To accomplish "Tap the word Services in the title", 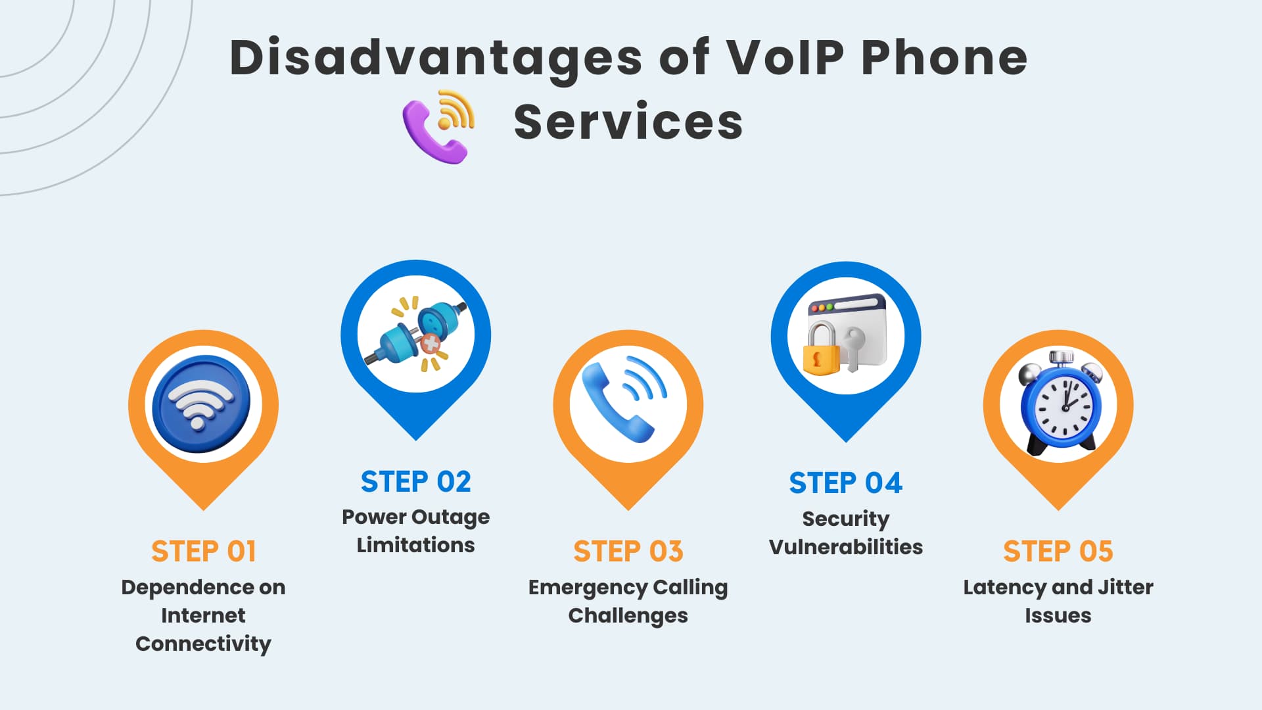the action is [x=628, y=122].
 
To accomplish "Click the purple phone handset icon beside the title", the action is [x=434, y=132].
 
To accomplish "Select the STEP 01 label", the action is [x=204, y=551].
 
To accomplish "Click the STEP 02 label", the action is [x=416, y=482].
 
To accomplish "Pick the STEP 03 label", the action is [x=628, y=551].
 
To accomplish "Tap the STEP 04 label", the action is [x=846, y=483].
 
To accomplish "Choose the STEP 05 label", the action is [x=1058, y=551].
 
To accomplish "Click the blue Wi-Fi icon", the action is [x=201, y=404].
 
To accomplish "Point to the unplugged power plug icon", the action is [x=416, y=333].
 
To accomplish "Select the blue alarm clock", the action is [x=1060, y=403].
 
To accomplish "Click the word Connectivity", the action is [x=203, y=644].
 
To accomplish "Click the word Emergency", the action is [x=579, y=588].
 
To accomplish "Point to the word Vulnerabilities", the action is [x=846, y=547].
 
